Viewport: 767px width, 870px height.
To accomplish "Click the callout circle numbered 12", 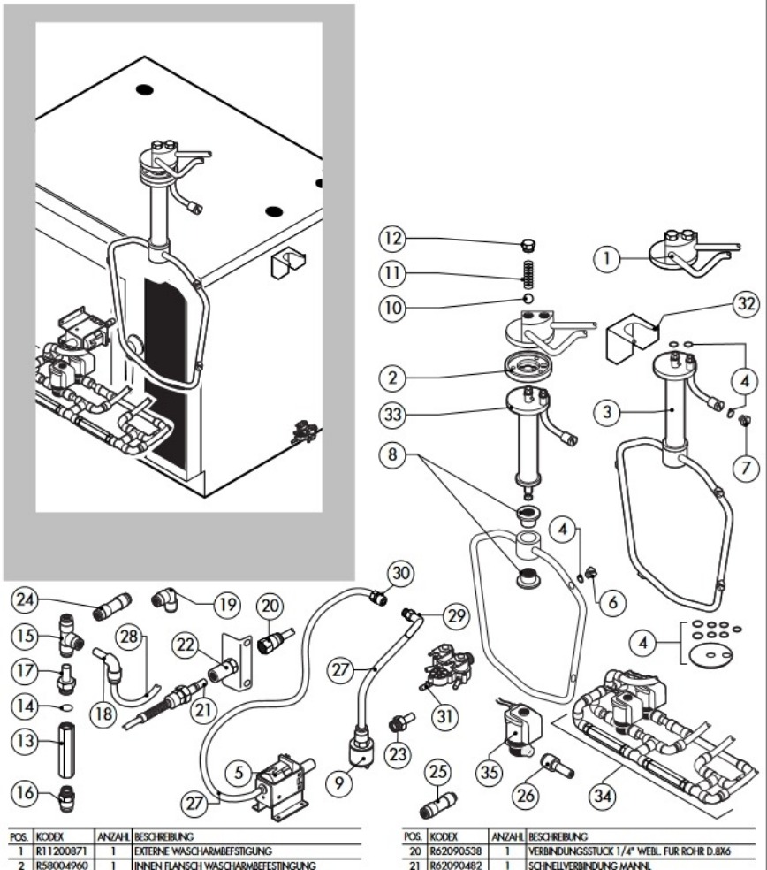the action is click(x=392, y=238).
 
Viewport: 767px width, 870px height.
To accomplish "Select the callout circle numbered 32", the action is click(x=746, y=303).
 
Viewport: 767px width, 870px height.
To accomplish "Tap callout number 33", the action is click(x=392, y=414).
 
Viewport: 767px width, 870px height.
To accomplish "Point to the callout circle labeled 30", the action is click(x=400, y=573).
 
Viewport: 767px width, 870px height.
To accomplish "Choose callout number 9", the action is click(x=338, y=782).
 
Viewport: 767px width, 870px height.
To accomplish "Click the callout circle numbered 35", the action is click(x=489, y=772).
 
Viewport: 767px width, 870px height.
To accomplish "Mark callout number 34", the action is click(x=603, y=797).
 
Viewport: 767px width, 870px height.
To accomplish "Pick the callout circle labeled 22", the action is click(x=186, y=645).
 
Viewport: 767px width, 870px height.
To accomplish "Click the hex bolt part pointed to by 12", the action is click(x=529, y=245).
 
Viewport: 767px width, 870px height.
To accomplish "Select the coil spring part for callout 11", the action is click(x=529, y=274).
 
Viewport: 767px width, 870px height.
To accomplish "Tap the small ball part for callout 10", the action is click(x=528, y=299).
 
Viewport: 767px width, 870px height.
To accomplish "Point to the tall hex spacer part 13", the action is click(x=66, y=750).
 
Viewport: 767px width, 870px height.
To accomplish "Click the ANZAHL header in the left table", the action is click(x=114, y=836).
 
